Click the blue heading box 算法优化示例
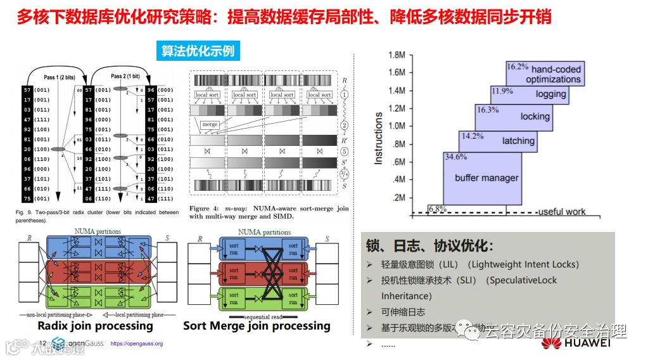[198, 51]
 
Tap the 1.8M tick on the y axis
[396, 55]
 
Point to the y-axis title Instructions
[379, 138]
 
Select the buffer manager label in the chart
[486, 178]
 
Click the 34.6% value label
[455, 157]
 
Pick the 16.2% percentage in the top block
[517, 66]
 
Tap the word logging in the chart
[550, 94]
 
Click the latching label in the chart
[518, 141]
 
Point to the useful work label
[561, 212]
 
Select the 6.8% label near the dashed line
[436, 209]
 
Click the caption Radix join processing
[95, 326]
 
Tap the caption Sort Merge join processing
[257, 326]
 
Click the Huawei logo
[575, 343]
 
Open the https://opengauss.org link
[136, 344]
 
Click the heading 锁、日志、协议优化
[429, 247]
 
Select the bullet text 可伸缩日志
[403, 312]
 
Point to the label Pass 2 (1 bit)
[126, 76]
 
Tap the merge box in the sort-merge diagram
[209, 125]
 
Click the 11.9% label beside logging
[502, 91]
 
